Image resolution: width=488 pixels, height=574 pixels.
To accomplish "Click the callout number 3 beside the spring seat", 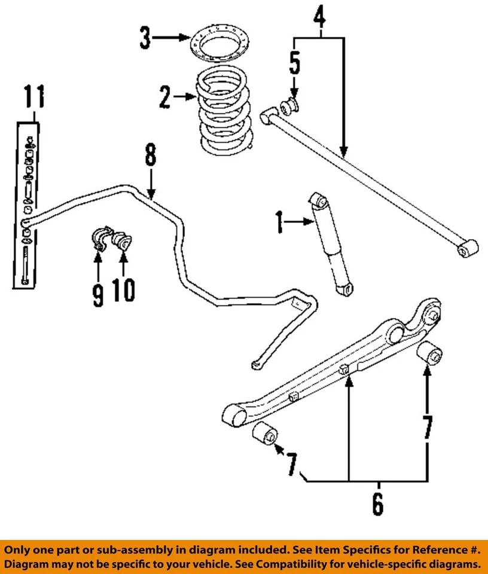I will pos(145,38).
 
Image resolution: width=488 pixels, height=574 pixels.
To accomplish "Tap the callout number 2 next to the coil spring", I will pos(165,97).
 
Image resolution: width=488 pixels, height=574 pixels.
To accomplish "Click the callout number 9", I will pos(98,294).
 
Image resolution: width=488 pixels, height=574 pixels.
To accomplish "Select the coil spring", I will pos(224,111).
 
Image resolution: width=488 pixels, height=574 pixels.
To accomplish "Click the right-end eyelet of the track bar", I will pos(466,248).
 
